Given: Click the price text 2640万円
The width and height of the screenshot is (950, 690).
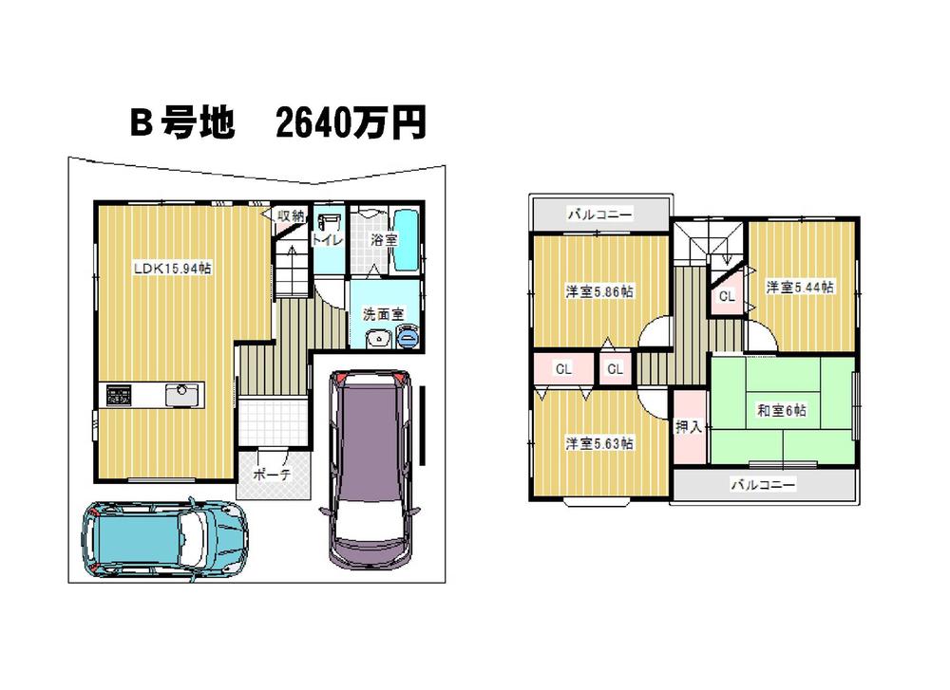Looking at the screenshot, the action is [x=351, y=122].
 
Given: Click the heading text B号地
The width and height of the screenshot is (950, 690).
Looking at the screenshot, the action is [x=182, y=122].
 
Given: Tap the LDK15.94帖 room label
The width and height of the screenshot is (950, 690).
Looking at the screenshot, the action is [x=173, y=269].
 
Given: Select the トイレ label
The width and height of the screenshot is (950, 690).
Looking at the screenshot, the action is [x=327, y=240].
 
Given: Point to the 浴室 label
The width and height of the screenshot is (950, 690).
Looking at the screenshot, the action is [x=384, y=240].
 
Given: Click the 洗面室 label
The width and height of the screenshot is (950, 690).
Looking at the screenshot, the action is [x=384, y=314].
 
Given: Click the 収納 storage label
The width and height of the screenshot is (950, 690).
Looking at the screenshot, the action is [x=290, y=215].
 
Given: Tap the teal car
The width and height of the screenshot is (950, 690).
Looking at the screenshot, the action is [x=164, y=540].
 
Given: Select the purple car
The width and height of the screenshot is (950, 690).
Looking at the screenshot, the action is [x=369, y=469].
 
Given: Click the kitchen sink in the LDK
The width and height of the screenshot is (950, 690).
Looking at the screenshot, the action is [x=181, y=395].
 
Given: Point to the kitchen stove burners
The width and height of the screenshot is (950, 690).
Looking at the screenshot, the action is [x=119, y=395].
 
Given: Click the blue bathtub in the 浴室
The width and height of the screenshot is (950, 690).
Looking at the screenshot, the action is [x=406, y=241].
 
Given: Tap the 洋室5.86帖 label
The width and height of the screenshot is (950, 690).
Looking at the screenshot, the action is [x=599, y=291].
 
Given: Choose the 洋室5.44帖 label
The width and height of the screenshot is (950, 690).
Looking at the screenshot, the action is [x=800, y=287].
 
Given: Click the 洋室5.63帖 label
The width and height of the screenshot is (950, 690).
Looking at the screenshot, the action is [x=599, y=443].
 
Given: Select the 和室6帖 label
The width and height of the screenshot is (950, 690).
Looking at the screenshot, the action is [x=782, y=411].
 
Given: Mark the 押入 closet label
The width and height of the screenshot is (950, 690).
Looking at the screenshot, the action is [x=689, y=427].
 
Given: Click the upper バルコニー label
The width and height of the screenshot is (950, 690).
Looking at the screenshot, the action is [x=599, y=214].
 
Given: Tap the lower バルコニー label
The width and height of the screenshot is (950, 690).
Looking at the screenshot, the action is [x=763, y=485].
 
